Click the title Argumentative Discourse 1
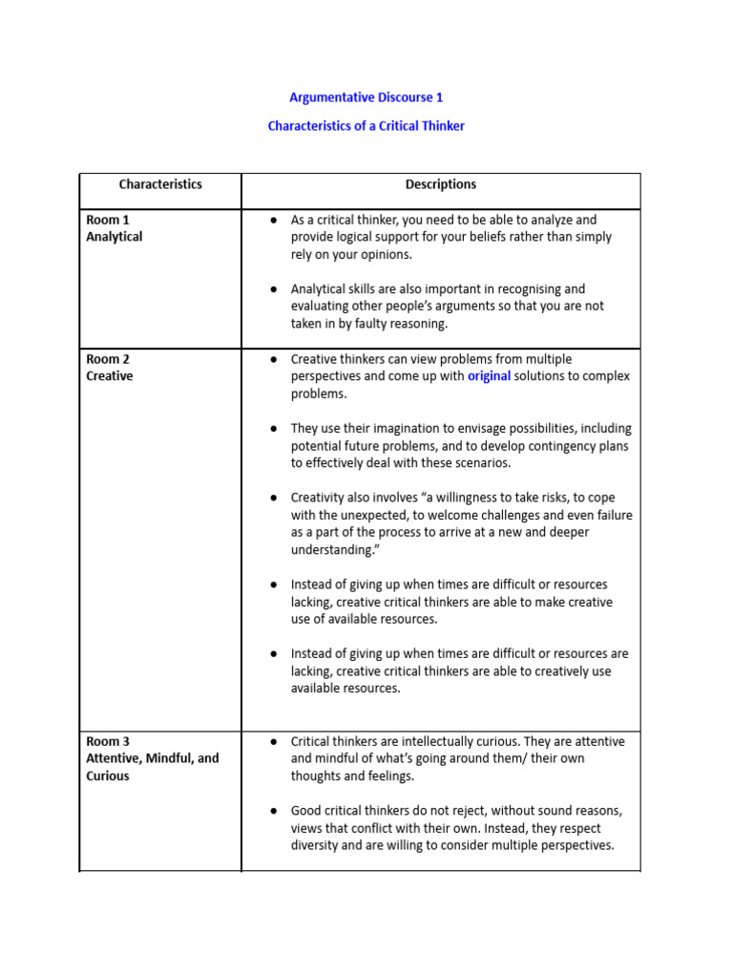coord(366,97)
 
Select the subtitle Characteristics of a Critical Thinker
coord(366,126)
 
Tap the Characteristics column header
coord(160,184)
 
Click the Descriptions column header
coord(441,184)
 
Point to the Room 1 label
coord(108,220)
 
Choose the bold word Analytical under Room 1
coord(115,237)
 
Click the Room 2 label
coord(108,359)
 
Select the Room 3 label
coord(108,741)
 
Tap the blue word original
coord(489,376)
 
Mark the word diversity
coord(321,845)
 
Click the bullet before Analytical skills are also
coord(273,289)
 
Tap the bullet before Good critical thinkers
coord(273,811)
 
